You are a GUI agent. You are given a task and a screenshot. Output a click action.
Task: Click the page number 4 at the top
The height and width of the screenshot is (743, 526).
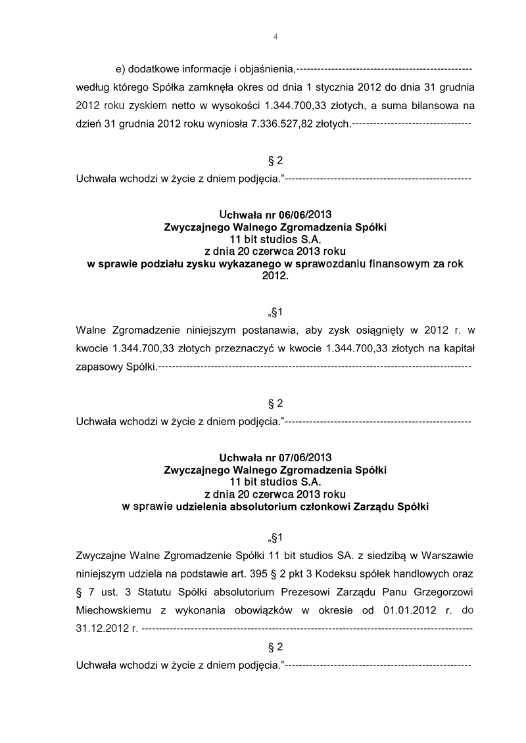click(x=275, y=37)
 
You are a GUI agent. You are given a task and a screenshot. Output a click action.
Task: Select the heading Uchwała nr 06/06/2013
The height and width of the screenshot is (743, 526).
click(x=275, y=215)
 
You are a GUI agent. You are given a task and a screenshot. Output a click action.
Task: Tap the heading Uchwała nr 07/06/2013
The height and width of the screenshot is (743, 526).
click(x=275, y=457)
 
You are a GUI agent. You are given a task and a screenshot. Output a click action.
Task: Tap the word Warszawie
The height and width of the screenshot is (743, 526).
click(x=446, y=554)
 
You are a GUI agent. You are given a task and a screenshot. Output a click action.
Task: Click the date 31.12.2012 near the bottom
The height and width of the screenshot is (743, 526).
click(x=103, y=628)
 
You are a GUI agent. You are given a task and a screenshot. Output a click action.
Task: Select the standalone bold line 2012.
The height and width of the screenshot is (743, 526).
click(x=275, y=277)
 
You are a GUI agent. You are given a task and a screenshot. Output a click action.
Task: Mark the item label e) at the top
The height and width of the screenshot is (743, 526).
click(x=120, y=68)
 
